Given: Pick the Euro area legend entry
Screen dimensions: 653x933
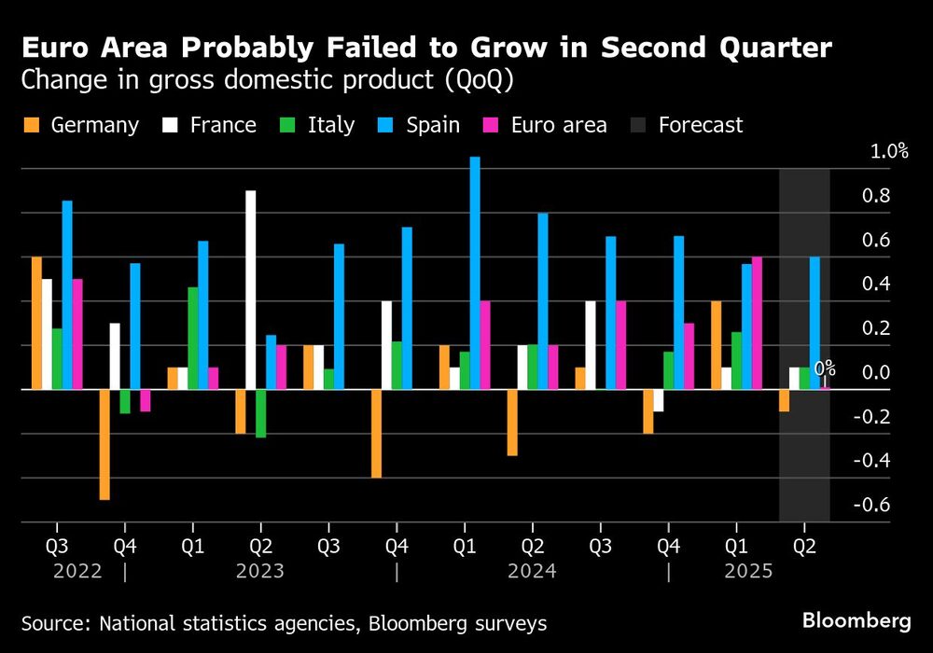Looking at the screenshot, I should click(545, 125).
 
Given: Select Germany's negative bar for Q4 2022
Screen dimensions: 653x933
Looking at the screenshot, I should click(104, 444).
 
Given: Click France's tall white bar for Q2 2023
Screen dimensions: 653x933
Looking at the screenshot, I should click(250, 289).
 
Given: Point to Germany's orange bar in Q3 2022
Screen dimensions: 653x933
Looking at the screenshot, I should click(36, 323).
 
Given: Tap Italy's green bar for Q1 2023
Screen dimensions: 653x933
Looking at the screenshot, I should click(192, 338).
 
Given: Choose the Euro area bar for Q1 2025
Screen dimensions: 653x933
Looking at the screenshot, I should click(757, 323).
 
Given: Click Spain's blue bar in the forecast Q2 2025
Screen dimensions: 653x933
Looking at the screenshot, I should click(815, 323).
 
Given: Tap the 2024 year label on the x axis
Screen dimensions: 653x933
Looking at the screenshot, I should click(532, 570).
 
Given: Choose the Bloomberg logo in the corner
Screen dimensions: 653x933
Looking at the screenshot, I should click(856, 620).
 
